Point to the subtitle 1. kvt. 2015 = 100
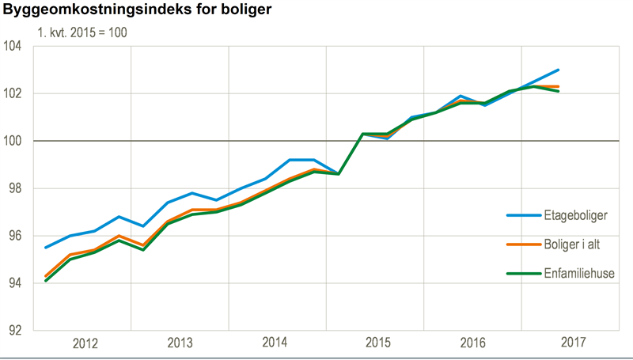(82, 33)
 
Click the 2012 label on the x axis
(85, 343)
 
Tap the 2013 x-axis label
(181, 343)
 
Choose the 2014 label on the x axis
(275, 343)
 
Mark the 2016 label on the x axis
(474, 343)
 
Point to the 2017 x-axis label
(572, 343)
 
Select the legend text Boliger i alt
(573, 244)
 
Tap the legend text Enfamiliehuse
(577, 275)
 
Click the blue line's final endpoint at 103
(559, 70)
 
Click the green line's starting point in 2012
(45, 281)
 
